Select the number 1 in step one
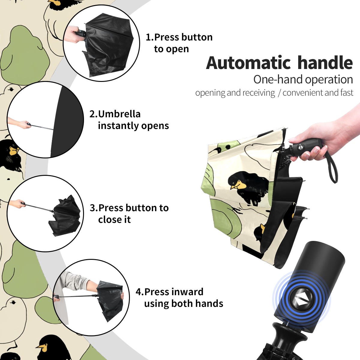(148, 37)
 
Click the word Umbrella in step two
(119, 114)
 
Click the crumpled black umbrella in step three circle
(65, 216)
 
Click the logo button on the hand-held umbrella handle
(300, 147)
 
